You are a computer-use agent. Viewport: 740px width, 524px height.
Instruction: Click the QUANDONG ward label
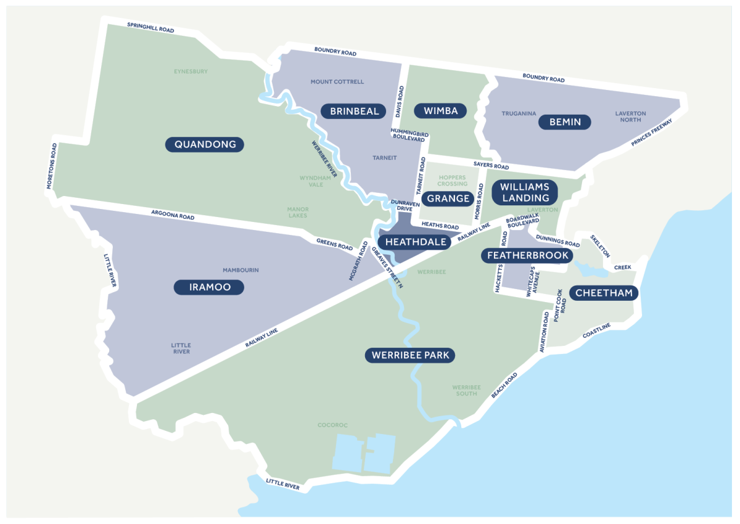[205, 145]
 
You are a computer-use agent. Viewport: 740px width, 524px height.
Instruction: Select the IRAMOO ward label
[208, 287]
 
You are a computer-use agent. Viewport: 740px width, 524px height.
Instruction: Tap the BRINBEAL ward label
[353, 111]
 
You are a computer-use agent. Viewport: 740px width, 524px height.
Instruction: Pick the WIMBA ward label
[440, 111]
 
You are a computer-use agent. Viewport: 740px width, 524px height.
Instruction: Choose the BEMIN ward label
[565, 122]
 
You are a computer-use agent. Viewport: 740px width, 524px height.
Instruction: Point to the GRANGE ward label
[448, 199]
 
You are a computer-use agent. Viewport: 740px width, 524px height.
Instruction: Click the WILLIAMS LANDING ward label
[524, 192]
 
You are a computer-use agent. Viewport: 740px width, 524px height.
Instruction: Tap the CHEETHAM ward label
[604, 293]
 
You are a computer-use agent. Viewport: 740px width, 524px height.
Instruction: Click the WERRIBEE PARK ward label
[410, 356]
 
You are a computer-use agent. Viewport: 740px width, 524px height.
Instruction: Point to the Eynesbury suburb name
[191, 72]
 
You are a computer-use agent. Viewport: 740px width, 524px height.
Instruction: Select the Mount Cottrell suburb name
[337, 81]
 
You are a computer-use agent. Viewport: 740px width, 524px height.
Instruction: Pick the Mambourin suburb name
[240, 270]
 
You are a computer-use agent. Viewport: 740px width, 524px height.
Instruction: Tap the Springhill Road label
[150, 28]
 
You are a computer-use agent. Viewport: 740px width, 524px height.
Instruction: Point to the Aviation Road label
[545, 332]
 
